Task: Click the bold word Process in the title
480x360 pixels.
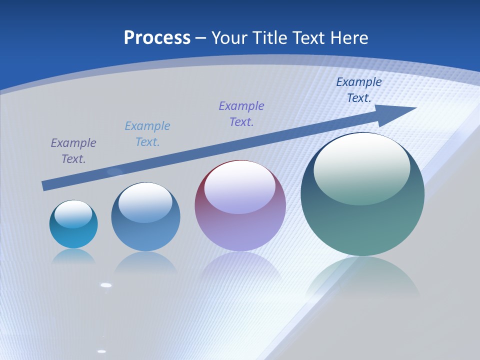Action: coord(157,38)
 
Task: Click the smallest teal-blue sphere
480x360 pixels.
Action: coord(73,224)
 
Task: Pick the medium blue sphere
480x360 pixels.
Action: coord(145,217)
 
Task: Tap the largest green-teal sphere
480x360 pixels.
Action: coord(362,194)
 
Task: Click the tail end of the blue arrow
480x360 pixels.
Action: coord(44,186)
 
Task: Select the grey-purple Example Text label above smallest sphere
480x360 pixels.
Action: coord(73,151)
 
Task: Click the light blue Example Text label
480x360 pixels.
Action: coord(147,134)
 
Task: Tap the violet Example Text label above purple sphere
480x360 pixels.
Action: coord(241,114)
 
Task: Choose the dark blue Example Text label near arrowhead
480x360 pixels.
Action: coord(359,90)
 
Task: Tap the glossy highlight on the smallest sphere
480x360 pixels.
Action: coord(73,214)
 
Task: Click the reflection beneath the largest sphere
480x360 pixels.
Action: coord(362,280)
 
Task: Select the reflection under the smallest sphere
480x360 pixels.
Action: coord(73,256)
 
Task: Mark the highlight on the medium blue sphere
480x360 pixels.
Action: coord(145,202)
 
